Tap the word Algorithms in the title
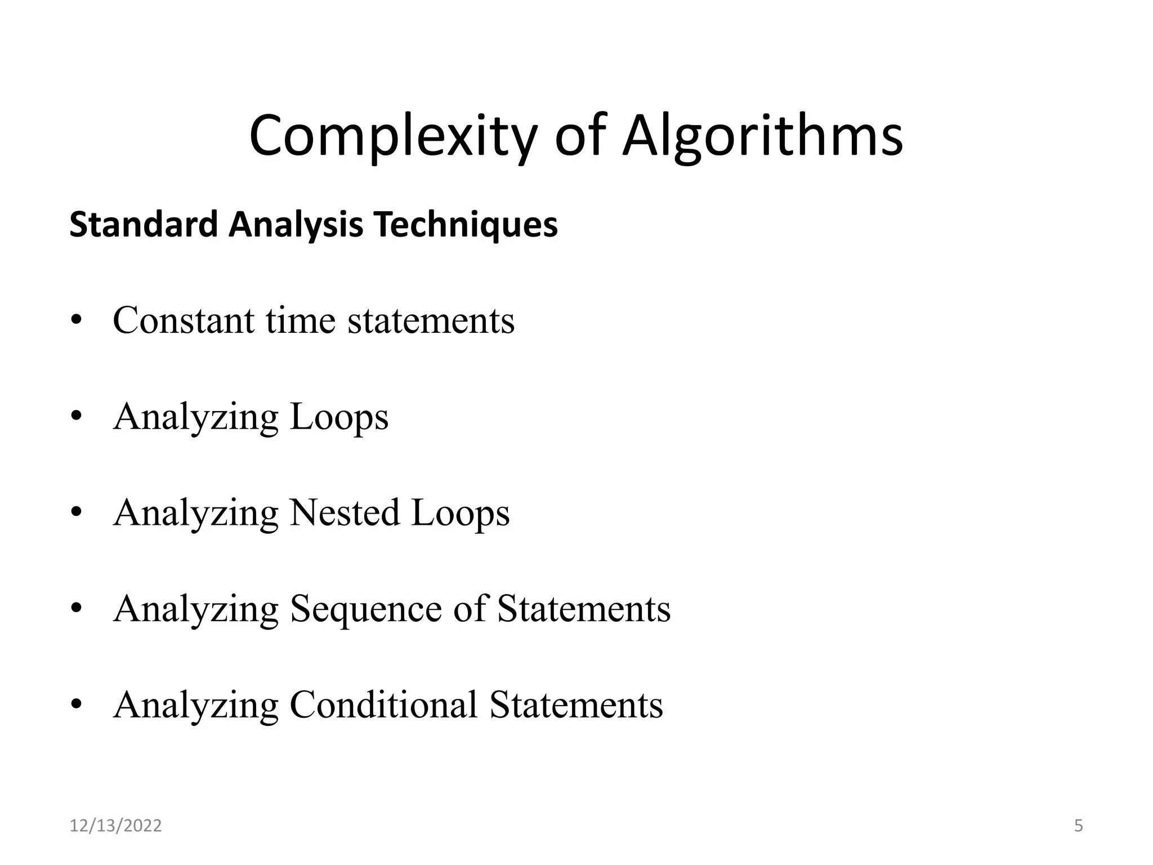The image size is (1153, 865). (x=762, y=136)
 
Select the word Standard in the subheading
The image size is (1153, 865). (x=143, y=224)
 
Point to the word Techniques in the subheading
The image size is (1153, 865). (x=466, y=224)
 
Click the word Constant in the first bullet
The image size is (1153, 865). (x=184, y=320)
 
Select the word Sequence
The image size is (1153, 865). (x=365, y=609)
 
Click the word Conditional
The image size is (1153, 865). (x=383, y=705)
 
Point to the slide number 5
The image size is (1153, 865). (x=1078, y=826)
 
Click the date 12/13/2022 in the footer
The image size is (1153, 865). (x=115, y=826)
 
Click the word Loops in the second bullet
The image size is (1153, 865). (x=339, y=417)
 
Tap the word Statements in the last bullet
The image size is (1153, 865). (x=576, y=705)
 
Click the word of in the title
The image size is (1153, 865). (x=580, y=136)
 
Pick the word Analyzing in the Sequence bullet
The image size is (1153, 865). (x=195, y=609)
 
